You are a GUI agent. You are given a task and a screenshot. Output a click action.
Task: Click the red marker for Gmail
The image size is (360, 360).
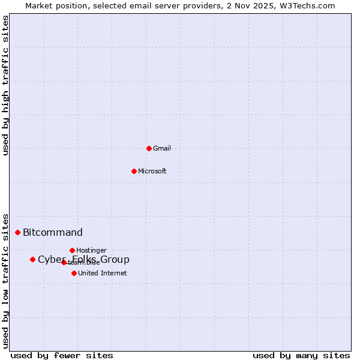(x=149, y=148)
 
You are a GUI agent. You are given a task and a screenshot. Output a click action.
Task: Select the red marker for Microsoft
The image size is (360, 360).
(x=134, y=171)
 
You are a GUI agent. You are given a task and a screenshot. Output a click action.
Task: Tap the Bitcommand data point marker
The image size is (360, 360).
(x=17, y=232)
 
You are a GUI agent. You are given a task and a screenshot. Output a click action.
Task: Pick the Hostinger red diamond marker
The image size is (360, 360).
(x=72, y=250)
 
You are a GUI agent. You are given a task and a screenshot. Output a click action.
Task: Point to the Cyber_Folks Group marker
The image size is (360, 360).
(x=32, y=259)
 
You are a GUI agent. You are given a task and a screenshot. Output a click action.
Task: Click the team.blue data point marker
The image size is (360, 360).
(x=64, y=262)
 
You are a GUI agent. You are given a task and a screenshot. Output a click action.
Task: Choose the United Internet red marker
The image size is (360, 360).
(x=74, y=273)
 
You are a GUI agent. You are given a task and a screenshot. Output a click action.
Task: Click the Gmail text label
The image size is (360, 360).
(x=162, y=148)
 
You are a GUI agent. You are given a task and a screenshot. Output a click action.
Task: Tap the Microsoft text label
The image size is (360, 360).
(x=152, y=171)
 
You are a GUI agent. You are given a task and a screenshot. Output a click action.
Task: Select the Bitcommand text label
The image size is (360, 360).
(x=53, y=233)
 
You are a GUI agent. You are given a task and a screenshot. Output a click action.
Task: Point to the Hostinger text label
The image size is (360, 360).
(x=91, y=250)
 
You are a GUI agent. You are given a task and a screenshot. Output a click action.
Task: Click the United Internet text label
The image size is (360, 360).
(x=102, y=273)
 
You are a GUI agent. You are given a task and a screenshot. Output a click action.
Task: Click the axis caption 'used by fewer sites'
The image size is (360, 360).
(x=62, y=355)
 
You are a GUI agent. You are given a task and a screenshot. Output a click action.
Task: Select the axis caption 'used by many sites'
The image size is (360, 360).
(x=301, y=355)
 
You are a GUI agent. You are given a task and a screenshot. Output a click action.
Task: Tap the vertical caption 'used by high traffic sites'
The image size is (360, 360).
(x=6, y=85)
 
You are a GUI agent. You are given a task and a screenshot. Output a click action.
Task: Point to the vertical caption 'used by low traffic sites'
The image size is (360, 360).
(x=6, y=280)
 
